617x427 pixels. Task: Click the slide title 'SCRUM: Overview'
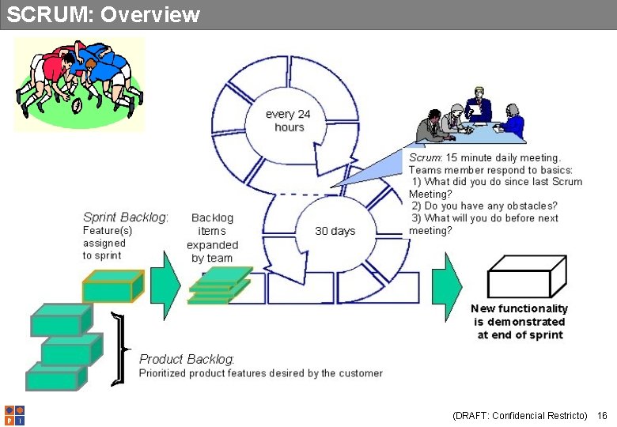pyautogui.click(x=103, y=14)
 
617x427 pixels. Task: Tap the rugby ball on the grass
pyautogui.click(x=78, y=105)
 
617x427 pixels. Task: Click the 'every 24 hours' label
pyautogui.click(x=288, y=120)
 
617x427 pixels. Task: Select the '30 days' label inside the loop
pyautogui.click(x=335, y=231)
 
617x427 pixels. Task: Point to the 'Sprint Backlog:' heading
pyautogui.click(x=125, y=217)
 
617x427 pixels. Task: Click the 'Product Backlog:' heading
pyautogui.click(x=187, y=359)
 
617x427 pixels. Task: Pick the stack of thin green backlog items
pyautogui.click(x=218, y=286)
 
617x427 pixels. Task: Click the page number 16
pyautogui.click(x=602, y=415)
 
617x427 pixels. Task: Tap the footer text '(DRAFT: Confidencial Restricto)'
pyautogui.click(x=519, y=415)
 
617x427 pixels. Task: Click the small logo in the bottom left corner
pyautogui.click(x=14, y=415)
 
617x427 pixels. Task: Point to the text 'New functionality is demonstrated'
pyautogui.click(x=519, y=316)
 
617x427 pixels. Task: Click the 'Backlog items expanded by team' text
pyautogui.click(x=212, y=237)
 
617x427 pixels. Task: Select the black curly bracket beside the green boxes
pyautogui.click(x=119, y=349)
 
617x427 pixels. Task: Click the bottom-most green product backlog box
pyautogui.click(x=55, y=377)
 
